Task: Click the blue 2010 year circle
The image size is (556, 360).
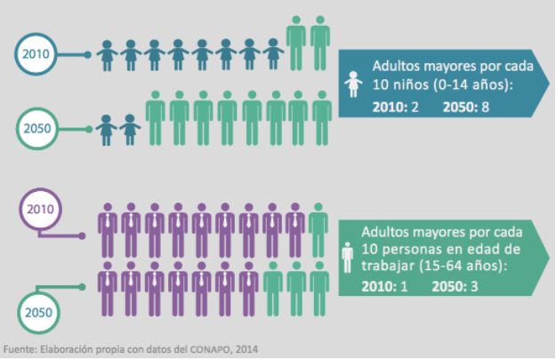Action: [35, 54]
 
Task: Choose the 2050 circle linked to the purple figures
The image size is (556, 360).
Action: [40, 311]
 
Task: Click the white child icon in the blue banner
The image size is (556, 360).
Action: [354, 85]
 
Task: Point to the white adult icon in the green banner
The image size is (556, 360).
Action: [349, 259]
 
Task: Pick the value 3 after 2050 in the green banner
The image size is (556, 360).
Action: [482, 285]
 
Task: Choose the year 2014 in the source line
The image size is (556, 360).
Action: [248, 348]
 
